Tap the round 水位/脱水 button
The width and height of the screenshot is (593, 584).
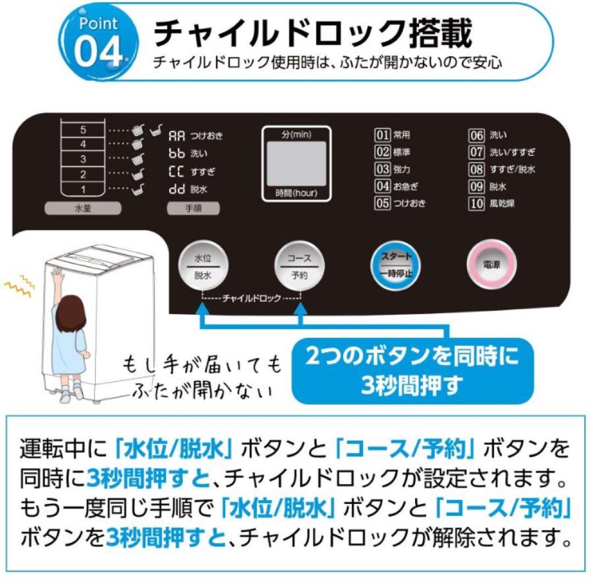point(202,266)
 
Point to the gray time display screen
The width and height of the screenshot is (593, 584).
point(296,164)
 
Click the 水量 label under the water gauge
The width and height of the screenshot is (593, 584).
point(82,209)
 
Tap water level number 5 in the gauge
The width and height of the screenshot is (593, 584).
point(83,131)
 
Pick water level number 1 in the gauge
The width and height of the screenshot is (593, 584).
point(83,190)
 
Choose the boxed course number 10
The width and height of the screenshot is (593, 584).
point(475,203)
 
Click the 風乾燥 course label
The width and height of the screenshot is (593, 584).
point(502,203)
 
